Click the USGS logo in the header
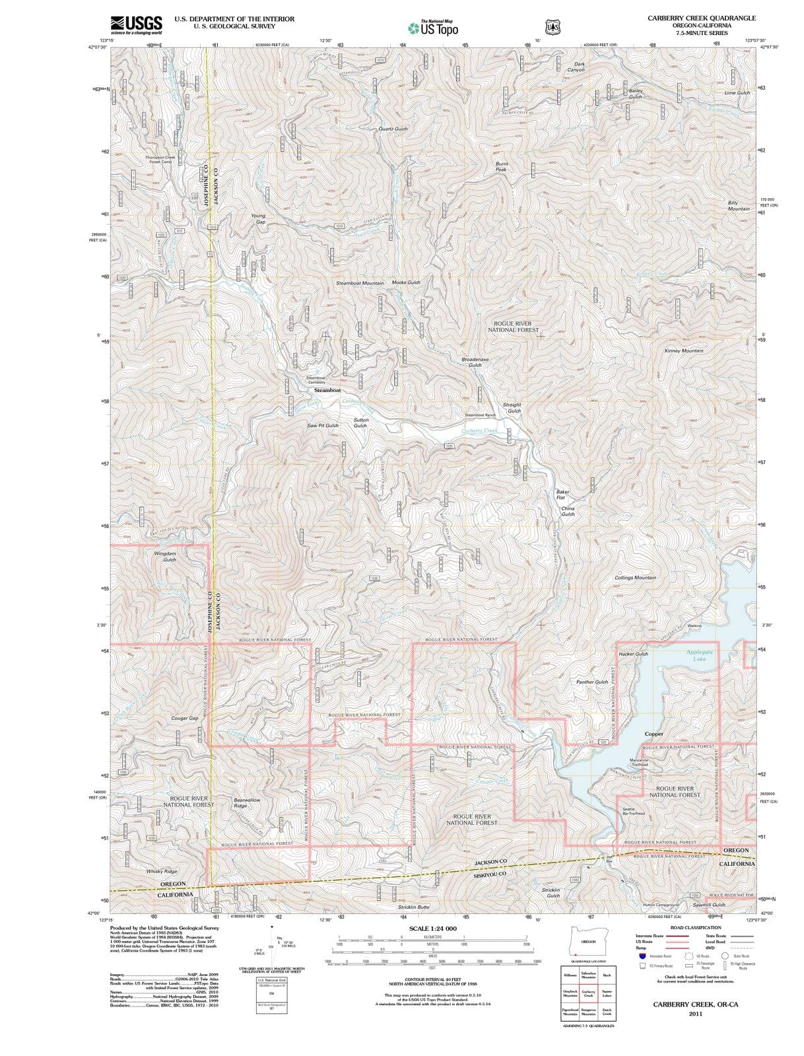pos(137,25)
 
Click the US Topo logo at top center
pos(433,28)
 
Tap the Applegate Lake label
pos(699,655)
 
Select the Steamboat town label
pos(327,390)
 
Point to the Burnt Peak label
pos(502,166)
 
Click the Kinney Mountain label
pos(683,350)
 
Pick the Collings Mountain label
pos(635,577)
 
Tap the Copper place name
pos(653,734)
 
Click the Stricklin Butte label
pos(413,907)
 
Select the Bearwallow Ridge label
pos(247,803)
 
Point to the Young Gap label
pos(259,218)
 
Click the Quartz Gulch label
pos(393,129)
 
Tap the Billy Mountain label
pos(738,205)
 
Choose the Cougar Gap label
pos(184,717)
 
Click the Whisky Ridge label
pos(162,871)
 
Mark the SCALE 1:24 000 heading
pos(433,929)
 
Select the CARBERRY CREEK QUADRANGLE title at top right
pos(701,18)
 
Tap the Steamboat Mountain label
pos(360,283)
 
